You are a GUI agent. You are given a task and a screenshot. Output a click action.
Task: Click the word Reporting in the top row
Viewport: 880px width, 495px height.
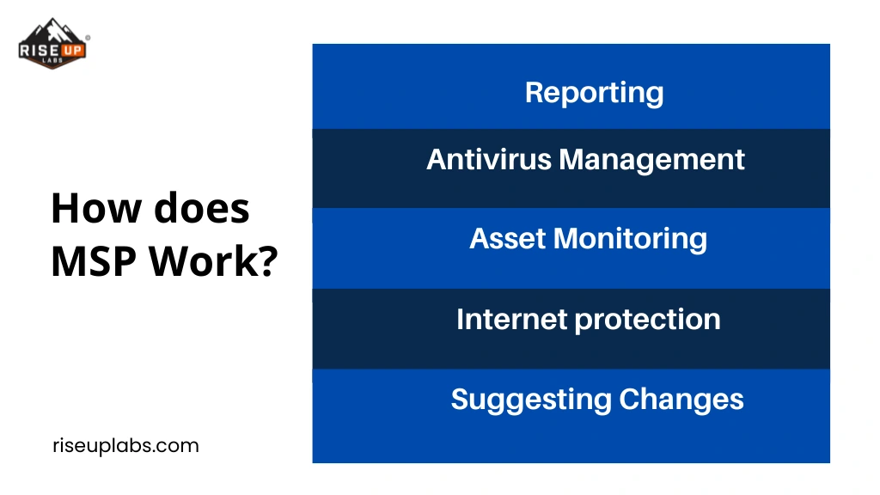tap(594, 93)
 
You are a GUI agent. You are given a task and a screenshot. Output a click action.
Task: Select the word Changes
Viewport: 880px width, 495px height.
tap(681, 400)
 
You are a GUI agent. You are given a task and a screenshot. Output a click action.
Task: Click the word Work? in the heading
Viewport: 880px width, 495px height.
tap(213, 261)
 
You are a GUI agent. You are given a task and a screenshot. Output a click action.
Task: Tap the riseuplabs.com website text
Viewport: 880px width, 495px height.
tap(125, 446)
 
